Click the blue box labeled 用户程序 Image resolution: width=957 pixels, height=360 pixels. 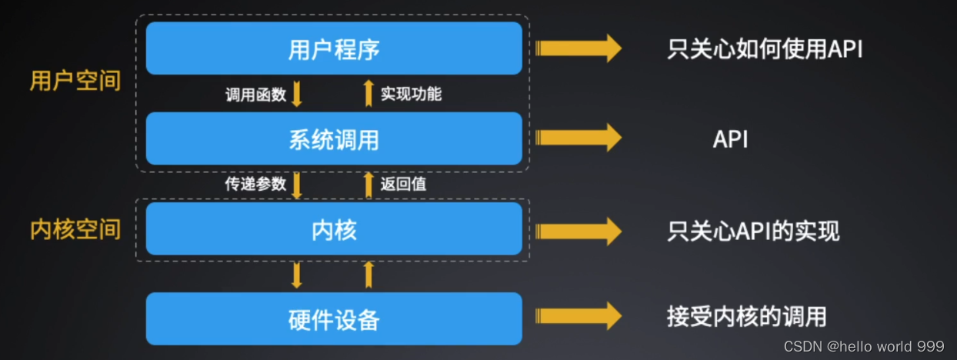334,48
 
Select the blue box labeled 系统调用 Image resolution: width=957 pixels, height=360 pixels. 334,139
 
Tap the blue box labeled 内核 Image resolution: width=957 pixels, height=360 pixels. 334,229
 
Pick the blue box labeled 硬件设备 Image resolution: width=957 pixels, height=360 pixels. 334,318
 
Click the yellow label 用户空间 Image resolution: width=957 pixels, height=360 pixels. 75,81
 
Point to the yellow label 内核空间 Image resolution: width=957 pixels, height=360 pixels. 75,229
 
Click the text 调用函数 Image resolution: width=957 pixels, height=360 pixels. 255,95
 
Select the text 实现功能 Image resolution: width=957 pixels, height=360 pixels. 411,94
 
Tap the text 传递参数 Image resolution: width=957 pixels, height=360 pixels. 255,184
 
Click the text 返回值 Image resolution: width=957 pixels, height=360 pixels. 403,184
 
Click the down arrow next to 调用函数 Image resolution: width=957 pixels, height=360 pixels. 298,94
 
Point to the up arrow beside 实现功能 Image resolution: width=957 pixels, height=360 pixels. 368,92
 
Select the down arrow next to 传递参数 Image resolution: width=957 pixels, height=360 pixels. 298,185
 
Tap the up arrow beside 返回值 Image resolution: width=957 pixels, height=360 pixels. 368,184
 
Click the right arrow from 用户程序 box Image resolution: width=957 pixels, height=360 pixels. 578,48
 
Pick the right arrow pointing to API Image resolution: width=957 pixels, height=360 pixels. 578,138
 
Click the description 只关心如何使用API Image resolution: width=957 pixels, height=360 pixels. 765,49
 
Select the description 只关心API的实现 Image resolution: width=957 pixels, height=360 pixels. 753,231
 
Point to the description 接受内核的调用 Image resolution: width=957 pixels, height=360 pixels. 746,316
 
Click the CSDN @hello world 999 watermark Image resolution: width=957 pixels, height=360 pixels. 864,346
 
